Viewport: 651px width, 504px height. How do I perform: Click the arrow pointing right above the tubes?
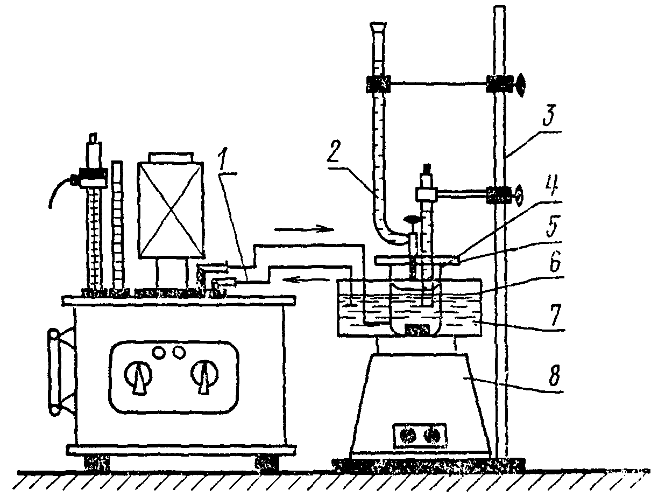pyautogui.click(x=304, y=229)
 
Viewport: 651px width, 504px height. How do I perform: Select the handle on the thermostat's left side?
pyautogui.click(x=56, y=371)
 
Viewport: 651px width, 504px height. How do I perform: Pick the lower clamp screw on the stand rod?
pyautogui.click(x=518, y=195)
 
